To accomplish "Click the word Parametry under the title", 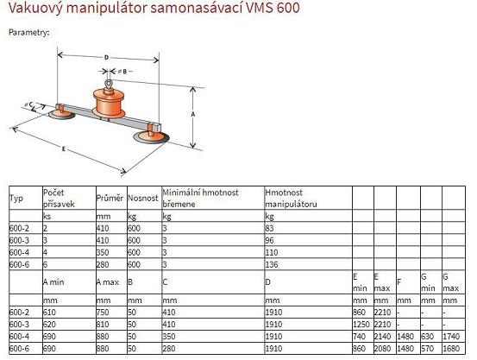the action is pyautogui.click(x=29, y=32).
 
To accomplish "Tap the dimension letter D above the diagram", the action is pyautogui.click(x=106, y=57).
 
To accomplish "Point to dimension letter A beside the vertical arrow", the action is pyautogui.click(x=193, y=114).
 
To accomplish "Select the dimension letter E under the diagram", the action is pyautogui.click(x=64, y=149).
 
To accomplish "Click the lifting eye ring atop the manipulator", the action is pyautogui.click(x=109, y=83).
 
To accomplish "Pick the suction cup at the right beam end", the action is pyautogui.click(x=151, y=137).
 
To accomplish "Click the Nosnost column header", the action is pyautogui.click(x=142, y=199).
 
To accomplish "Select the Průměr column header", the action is pyautogui.click(x=110, y=199).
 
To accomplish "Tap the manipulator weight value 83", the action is pyautogui.click(x=269, y=228).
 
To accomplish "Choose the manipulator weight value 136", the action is pyautogui.click(x=272, y=264).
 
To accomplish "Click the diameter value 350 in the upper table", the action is pyautogui.click(x=103, y=252).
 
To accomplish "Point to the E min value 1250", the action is pyautogui.click(x=361, y=325).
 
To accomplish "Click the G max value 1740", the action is pyautogui.click(x=451, y=337).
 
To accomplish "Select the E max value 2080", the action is pyautogui.click(x=382, y=349).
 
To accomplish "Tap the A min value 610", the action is pyautogui.click(x=49, y=313).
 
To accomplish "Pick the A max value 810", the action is pyautogui.click(x=103, y=325).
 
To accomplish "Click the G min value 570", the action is pyautogui.click(x=428, y=349).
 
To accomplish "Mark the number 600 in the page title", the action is pyautogui.click(x=288, y=7).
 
